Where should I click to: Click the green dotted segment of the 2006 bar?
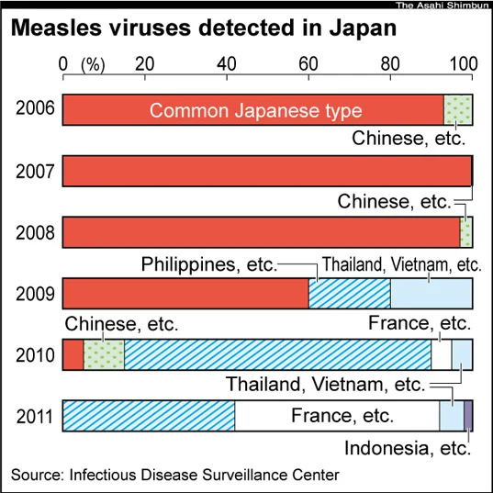pos(458,110)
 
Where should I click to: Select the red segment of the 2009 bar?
pos(185,294)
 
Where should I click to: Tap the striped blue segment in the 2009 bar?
pos(350,294)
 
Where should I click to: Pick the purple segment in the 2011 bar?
pos(468,416)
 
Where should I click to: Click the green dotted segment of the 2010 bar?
pos(104,354)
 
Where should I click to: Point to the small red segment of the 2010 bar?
pos(73,354)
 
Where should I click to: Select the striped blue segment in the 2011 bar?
pos(149,416)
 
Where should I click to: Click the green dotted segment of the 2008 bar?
pos(466,232)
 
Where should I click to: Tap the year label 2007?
pos(35,172)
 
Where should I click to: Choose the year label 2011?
pos(35,416)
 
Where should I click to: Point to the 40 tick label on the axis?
pos(227,64)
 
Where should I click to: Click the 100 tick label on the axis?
pos(464,64)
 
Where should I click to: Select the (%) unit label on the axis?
pos(93,65)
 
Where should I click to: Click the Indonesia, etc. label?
pos(408,448)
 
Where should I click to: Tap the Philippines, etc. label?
pos(209,264)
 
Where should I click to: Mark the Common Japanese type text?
pos(255,111)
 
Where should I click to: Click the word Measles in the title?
pos(57,28)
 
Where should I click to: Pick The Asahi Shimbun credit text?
pos(443,5)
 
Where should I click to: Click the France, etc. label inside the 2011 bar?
pos(342,416)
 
